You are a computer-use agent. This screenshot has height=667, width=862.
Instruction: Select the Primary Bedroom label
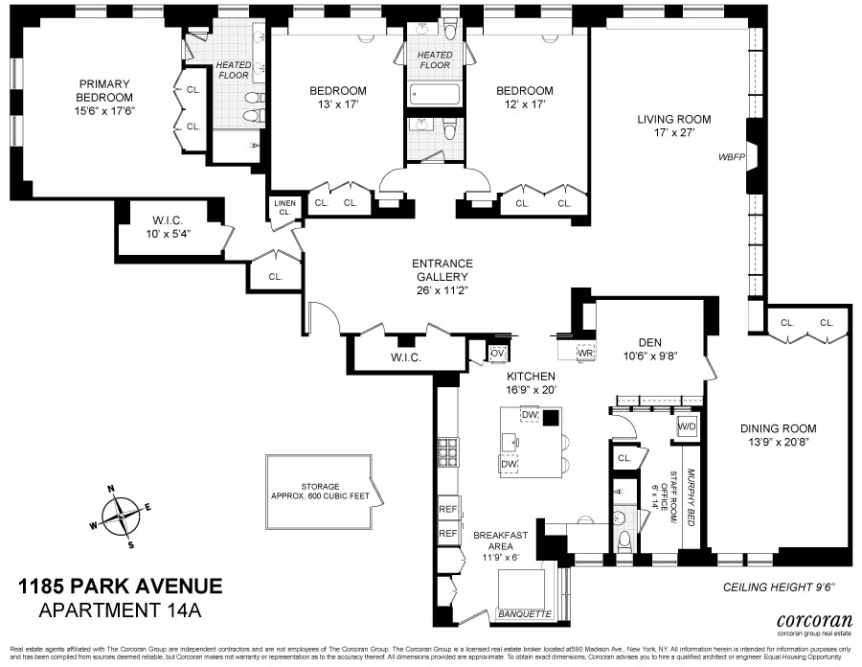[x=105, y=90]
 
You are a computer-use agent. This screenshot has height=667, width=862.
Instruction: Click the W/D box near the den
[x=686, y=425]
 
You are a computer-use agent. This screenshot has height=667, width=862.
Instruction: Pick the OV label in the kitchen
[x=496, y=353]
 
